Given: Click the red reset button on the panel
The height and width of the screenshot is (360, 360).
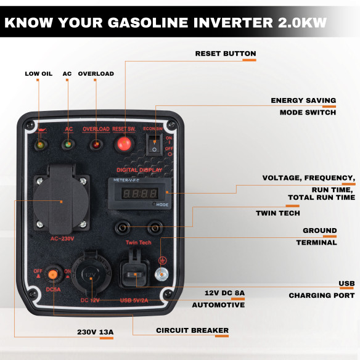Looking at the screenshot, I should click(123, 144).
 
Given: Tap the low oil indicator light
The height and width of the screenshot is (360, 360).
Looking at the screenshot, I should click(40, 145).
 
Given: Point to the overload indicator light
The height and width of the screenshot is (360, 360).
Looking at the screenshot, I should click(96, 145).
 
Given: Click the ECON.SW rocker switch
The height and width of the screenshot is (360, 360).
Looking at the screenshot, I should click(154, 145).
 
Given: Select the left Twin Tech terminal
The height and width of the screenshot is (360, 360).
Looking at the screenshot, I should click(125, 227).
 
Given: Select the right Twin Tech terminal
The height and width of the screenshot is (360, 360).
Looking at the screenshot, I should click(154, 227).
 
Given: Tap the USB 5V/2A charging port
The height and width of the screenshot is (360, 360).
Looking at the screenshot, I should click(133, 273).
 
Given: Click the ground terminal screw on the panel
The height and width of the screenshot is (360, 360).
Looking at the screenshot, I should click(162, 274).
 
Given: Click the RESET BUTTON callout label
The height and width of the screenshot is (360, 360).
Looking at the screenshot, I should click(225, 54).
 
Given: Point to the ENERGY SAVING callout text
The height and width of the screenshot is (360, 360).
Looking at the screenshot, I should click(303, 100).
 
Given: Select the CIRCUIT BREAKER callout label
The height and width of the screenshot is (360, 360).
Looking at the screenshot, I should click(192, 330).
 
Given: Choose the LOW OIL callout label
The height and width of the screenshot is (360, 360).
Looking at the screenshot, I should click(38, 74).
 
